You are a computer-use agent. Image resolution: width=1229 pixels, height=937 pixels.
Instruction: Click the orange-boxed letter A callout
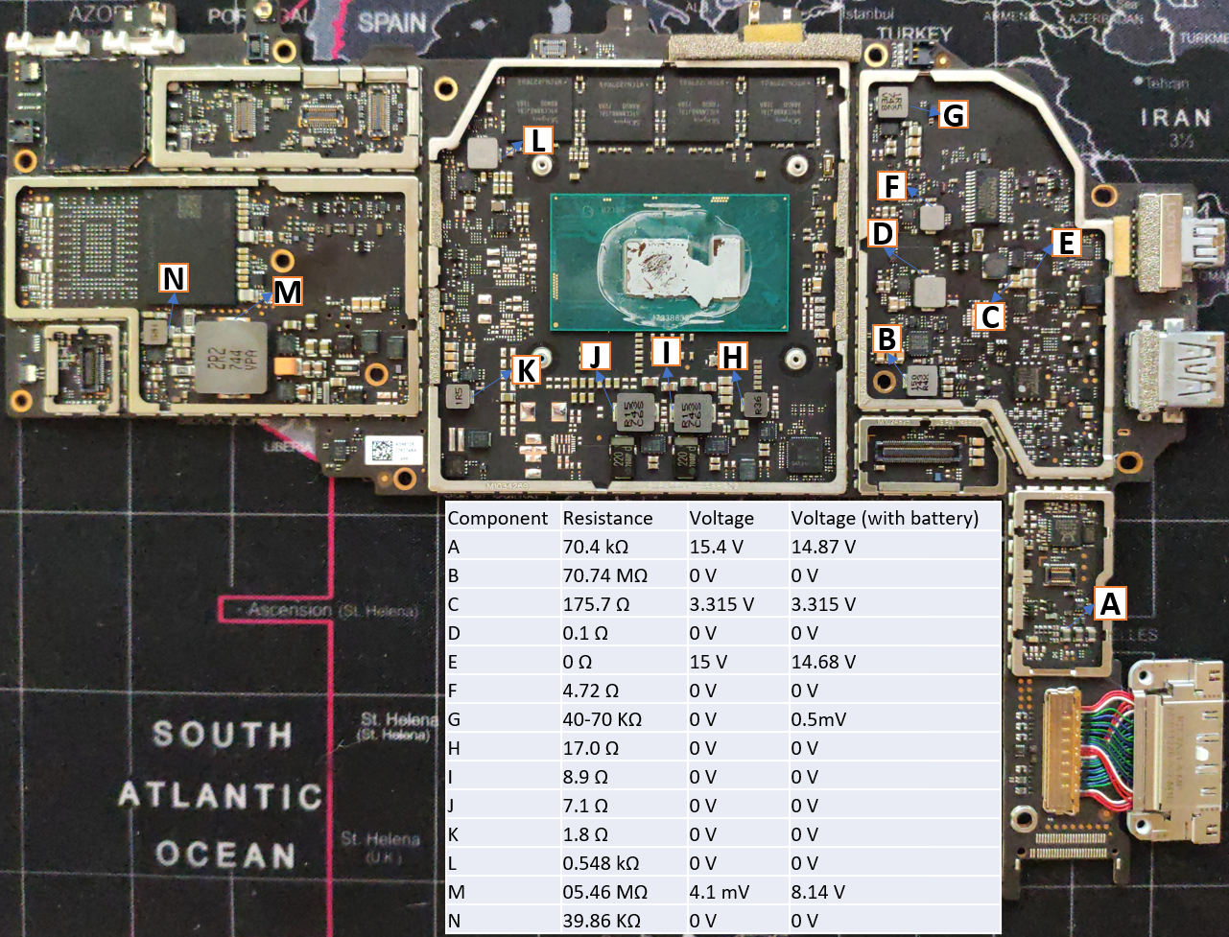pos(1109,603)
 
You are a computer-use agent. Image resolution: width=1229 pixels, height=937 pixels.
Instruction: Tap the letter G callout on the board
pos(952,115)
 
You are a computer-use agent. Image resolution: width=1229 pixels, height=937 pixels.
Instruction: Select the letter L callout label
pos(538,141)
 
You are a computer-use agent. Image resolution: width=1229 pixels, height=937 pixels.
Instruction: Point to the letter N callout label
pos(174,278)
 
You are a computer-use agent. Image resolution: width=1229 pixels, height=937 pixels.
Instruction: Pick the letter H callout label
pos(732,357)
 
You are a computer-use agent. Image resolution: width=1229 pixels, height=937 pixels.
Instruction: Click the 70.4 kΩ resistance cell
pos(595,547)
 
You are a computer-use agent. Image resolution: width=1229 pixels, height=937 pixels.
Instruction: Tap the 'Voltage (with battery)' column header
pos(884,518)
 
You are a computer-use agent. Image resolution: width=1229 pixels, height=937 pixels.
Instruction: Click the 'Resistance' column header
pos(607,518)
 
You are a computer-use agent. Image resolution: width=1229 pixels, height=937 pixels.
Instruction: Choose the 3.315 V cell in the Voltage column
pos(721,604)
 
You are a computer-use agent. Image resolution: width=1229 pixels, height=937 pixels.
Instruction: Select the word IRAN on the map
pos(1175,117)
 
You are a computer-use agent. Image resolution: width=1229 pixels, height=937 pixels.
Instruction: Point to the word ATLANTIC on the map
pos(220,796)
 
